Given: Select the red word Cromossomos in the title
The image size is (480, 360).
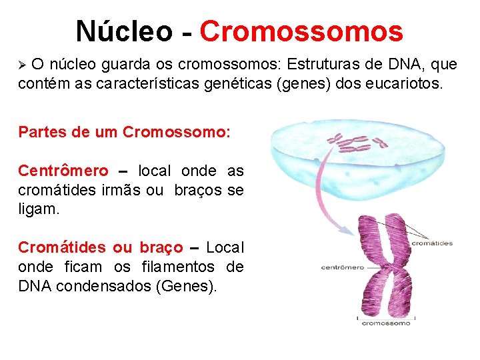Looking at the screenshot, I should pos(301,31).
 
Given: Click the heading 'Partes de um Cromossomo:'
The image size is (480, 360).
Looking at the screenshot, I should pos(125,131).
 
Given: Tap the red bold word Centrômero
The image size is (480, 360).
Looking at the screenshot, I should pos(63,171).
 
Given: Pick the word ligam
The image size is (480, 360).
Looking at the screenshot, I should pos(39,209).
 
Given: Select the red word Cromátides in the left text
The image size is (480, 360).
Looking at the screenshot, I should pos(62,248).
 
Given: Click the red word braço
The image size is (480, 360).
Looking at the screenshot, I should pos(161,248).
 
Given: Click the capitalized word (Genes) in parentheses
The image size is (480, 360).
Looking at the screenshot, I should pos(192,287).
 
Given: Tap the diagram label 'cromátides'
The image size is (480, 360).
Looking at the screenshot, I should pos(432,243).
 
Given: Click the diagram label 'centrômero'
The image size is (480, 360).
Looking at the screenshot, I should pos(343,268).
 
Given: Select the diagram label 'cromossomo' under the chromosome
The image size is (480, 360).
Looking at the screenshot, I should pos(386,323).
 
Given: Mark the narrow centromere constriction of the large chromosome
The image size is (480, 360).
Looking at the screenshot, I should pos(385,267).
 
